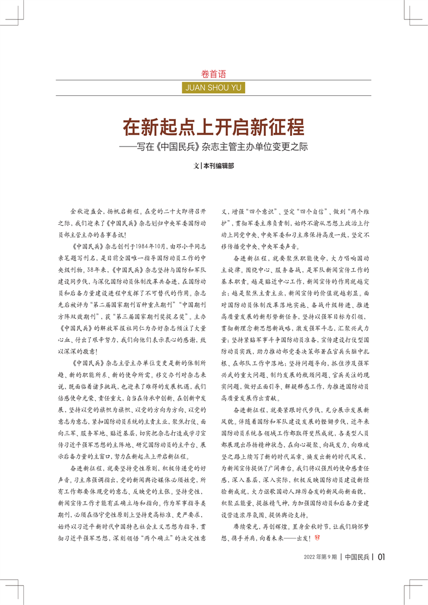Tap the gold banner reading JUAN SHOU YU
coord(213,86)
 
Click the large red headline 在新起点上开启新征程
coord(213,127)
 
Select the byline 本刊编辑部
coord(218,166)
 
